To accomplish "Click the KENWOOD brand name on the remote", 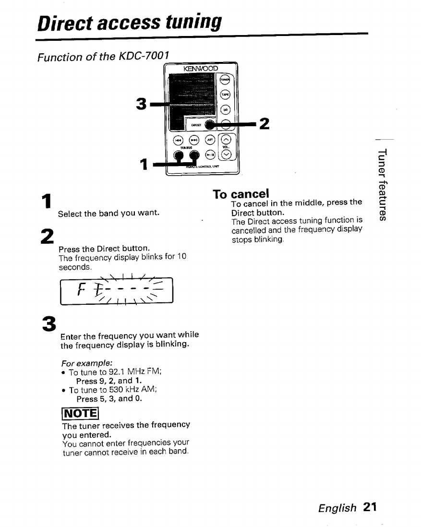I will click(200, 69).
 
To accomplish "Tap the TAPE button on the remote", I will click(226, 95).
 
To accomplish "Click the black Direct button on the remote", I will click(209, 125).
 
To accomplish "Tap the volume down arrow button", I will click(227, 155).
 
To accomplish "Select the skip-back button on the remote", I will click(178, 141).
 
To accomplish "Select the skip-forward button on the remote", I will click(194, 141).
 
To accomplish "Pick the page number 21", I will click(370, 507).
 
